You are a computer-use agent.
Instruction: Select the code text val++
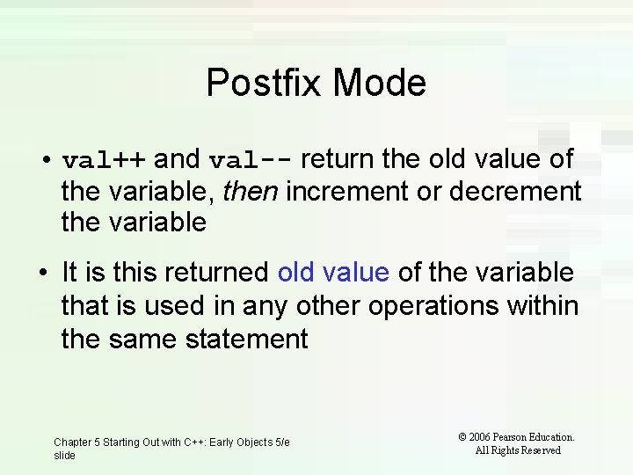[105, 160]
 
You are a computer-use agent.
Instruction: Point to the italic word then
[250, 191]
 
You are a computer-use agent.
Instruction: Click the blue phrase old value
[333, 273]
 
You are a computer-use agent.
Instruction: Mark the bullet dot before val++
[43, 161]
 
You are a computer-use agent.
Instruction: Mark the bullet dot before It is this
[43, 274]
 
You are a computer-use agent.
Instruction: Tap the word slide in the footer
[64, 456]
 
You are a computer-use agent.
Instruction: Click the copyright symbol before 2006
[462, 437]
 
